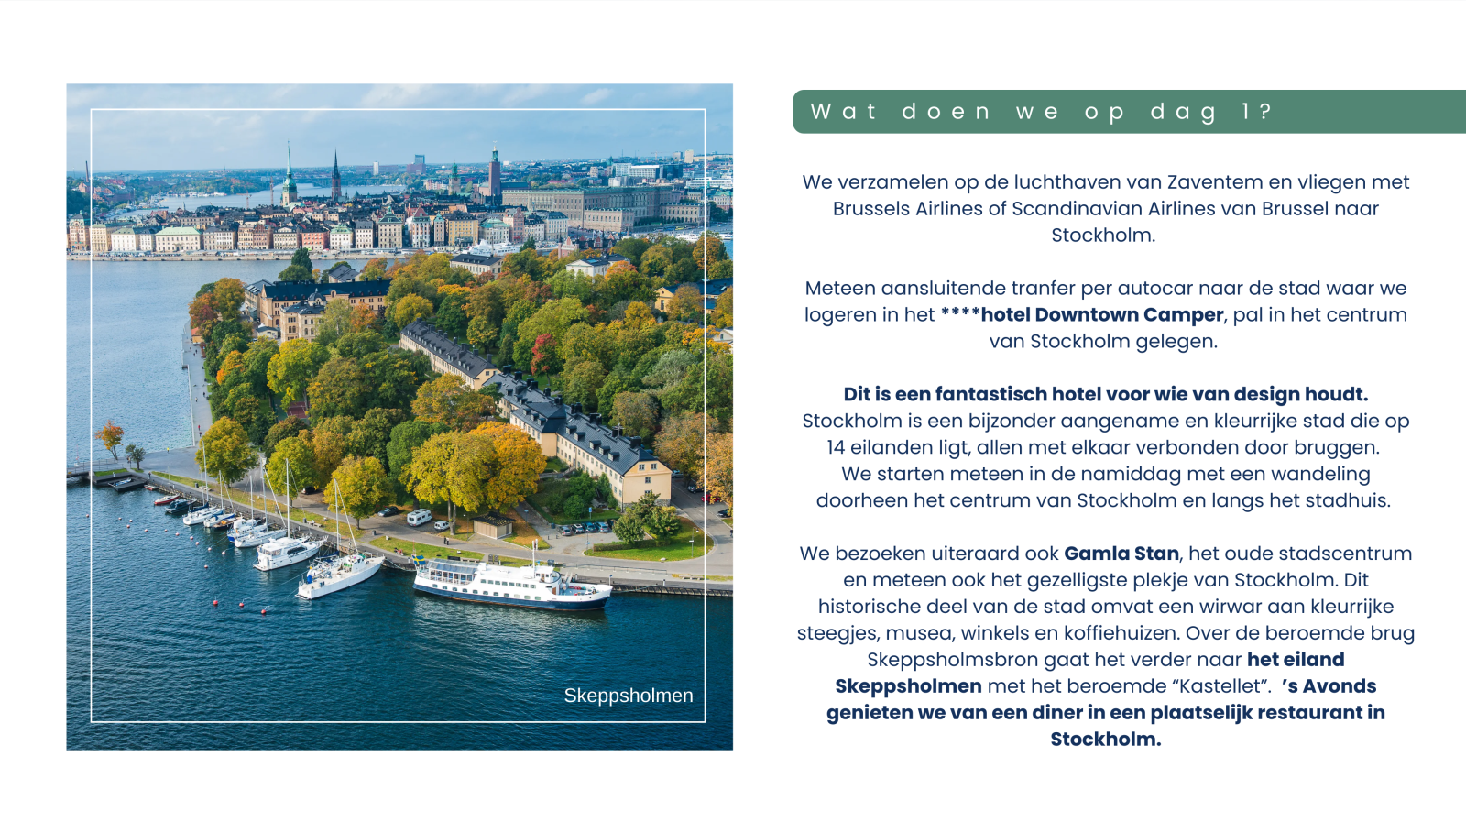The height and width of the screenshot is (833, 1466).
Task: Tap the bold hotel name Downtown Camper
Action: tap(1129, 315)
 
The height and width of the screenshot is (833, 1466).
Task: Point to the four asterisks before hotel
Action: tap(959, 313)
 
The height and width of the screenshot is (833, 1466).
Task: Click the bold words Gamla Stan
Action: tap(1121, 554)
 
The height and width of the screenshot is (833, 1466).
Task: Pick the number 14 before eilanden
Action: tap(836, 448)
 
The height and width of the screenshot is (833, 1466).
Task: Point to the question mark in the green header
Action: tap(1265, 112)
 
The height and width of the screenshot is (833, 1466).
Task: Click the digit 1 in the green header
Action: tap(1245, 112)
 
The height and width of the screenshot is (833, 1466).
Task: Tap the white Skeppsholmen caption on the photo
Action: tap(628, 696)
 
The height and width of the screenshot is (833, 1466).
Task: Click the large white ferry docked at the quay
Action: tap(509, 584)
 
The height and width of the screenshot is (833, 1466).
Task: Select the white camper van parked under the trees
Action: tap(419, 518)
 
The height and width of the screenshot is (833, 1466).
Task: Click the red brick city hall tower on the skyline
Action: tap(495, 173)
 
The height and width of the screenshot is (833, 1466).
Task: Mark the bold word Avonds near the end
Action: tap(1339, 686)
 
